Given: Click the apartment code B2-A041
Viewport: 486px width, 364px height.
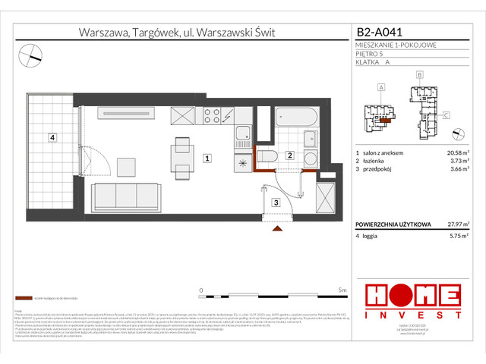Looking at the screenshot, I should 380,33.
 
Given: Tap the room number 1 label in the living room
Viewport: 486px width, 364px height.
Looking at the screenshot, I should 207,158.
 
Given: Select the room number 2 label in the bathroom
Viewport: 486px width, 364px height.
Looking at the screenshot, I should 289,155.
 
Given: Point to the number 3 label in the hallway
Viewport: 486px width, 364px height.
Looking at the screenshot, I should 276,202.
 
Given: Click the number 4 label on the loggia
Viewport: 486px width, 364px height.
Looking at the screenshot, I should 51,138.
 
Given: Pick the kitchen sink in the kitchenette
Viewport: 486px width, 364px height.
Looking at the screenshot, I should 243,137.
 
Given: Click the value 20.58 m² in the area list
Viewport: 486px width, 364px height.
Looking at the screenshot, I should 455,152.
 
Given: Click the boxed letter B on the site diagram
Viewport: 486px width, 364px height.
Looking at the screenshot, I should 418,75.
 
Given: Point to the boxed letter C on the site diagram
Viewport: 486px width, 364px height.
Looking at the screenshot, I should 447,115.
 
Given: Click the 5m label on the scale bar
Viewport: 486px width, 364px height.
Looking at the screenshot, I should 342,290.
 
